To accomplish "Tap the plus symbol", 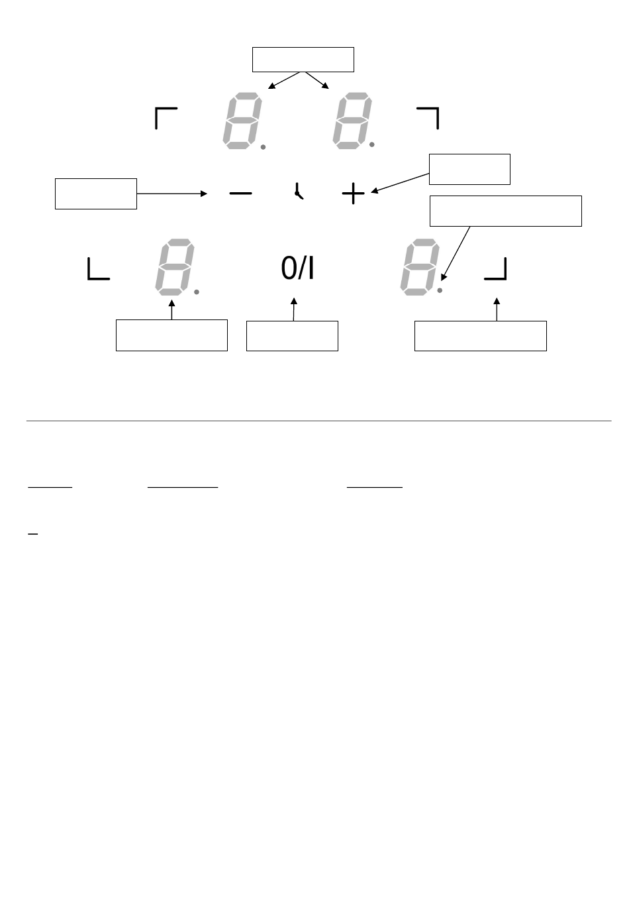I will point(353,194).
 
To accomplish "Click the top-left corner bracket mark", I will point(165,117).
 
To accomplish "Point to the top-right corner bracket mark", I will point(428,117).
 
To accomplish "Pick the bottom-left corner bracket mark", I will point(98,270).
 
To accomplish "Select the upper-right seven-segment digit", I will point(352,122).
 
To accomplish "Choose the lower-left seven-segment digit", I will point(175,268).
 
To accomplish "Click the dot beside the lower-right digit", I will point(440,290).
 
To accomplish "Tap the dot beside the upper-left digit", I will point(263,148).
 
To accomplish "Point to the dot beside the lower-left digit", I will point(197,292).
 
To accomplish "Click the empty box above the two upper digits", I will point(303,59).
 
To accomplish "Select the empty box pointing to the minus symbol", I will point(96,194).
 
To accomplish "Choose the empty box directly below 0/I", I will point(292,336).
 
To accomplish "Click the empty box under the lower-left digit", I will point(171,335).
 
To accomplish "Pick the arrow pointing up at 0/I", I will point(293,310).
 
